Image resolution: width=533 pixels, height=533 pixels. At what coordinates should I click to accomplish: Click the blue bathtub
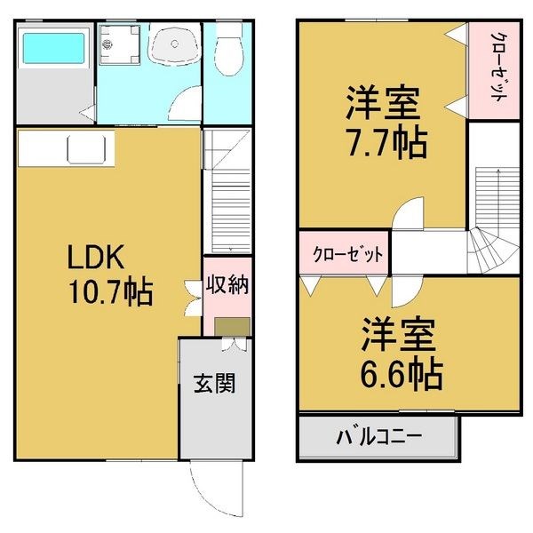tap(53, 48)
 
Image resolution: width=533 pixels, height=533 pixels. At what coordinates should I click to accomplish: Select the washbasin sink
tap(175, 44)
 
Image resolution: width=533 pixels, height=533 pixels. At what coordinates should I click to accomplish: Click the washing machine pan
tap(119, 44)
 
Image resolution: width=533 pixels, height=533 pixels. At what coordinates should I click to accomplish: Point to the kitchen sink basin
tap(86, 149)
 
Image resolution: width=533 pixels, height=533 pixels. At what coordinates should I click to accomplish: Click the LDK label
tap(95, 257)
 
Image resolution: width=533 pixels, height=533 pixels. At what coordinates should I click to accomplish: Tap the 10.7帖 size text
tap(110, 292)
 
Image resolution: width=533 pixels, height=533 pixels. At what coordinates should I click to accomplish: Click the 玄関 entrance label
tap(215, 383)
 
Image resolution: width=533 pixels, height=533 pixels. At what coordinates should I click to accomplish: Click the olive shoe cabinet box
tap(233, 326)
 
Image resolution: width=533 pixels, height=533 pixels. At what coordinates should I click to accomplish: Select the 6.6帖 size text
tap(402, 375)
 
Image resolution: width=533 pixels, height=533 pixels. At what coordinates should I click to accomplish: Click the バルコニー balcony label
tap(379, 436)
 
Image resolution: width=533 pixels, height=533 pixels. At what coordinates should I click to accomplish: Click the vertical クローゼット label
tap(498, 67)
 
